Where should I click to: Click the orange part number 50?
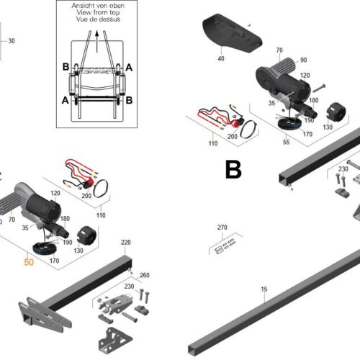(x=29, y=264)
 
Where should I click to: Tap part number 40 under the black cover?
(x=221, y=59)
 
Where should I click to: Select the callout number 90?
(x=303, y=60)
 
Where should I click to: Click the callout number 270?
(x=222, y=228)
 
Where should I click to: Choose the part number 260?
(x=145, y=275)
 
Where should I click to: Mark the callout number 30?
(x=11, y=41)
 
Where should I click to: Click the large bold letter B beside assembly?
(x=233, y=170)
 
